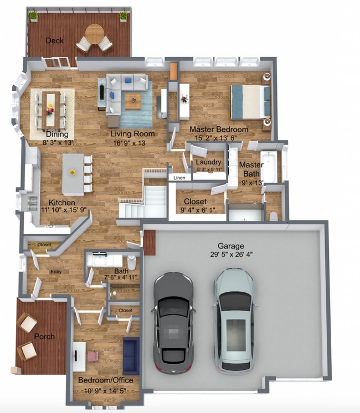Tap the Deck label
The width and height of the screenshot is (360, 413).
pyautogui.click(x=54, y=40)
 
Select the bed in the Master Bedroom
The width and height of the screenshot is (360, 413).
pyautogui.click(x=250, y=102)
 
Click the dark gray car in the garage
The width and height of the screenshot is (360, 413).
pyautogui.click(x=173, y=321)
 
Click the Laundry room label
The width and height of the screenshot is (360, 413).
pyautogui.click(x=209, y=162)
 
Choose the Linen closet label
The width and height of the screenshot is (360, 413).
pyautogui.click(x=179, y=178)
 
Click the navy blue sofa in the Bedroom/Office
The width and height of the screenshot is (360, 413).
pyautogui.click(x=131, y=355)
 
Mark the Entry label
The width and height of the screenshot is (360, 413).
pyautogui.click(x=56, y=271)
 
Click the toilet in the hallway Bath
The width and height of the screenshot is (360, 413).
pyautogui.click(x=132, y=261)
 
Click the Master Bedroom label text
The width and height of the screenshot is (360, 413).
pyautogui.click(x=218, y=130)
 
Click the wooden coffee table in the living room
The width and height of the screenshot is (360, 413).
pyautogui.click(x=133, y=101)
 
